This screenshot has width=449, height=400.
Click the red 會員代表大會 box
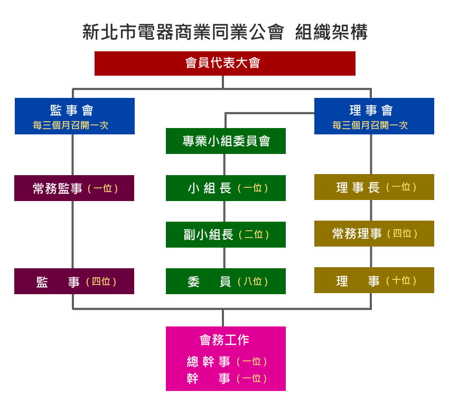(224, 63)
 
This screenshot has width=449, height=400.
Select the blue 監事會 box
(74, 116)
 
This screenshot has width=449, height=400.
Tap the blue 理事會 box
(374, 116)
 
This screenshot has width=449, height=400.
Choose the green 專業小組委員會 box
(226, 141)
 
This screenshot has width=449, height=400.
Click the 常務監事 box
(74, 188)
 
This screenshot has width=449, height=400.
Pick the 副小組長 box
(226, 235)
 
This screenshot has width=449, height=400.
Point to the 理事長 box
(374, 187)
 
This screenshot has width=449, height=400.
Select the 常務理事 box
(374, 234)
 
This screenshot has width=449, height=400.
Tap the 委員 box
(226, 281)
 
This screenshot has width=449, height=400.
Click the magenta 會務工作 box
(226, 358)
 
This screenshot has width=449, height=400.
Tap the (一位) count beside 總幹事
(252, 362)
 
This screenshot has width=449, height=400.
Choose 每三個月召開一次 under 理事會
(370, 126)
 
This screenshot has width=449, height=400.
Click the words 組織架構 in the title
(331, 32)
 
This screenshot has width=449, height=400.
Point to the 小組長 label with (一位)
(210, 188)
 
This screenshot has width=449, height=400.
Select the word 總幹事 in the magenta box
(209, 362)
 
